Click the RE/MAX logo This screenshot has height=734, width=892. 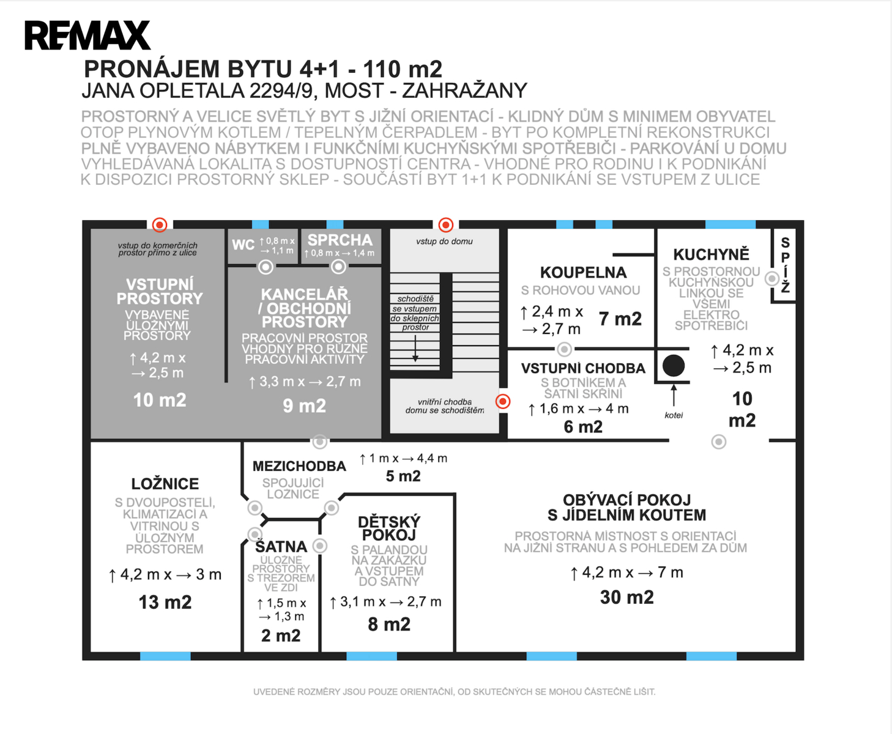87,35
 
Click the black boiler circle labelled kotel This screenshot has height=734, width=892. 674,366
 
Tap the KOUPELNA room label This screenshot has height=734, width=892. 582,273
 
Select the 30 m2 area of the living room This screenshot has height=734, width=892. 626,598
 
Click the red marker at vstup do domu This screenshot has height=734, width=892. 446,224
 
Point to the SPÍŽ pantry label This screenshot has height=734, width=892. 785,265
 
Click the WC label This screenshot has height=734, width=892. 243,245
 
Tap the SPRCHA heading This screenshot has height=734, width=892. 340,240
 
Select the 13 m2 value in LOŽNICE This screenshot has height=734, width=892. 165,602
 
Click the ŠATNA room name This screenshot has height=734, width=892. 281,546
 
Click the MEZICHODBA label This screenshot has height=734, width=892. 299,466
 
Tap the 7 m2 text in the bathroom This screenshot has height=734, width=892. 620,319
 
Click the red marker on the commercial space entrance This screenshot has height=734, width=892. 160,224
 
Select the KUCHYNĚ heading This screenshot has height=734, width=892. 711,254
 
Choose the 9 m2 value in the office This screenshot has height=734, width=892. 304,406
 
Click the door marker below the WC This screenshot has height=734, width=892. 266,267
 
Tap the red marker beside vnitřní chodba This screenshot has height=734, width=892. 503,401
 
